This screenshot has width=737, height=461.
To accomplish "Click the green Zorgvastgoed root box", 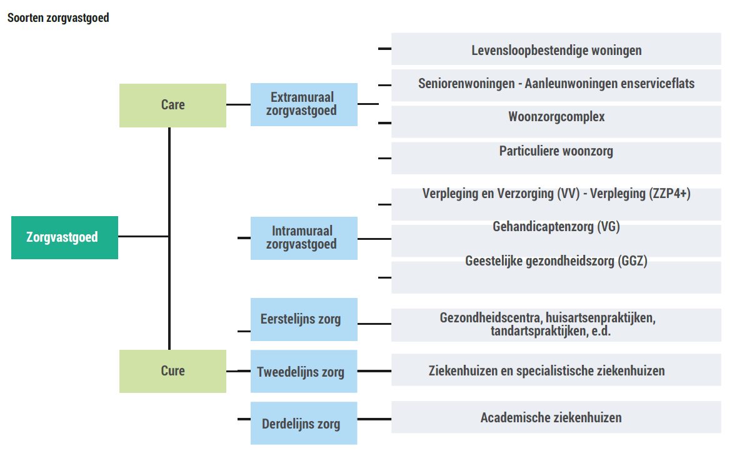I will [64, 237].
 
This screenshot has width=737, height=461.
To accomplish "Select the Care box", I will [173, 105].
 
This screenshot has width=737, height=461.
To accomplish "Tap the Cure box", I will [173, 371].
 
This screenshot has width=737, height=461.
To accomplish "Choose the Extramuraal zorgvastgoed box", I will [304, 104].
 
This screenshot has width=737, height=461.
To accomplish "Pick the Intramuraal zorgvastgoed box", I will [304, 238].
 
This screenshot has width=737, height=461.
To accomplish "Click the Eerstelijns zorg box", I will [304, 319].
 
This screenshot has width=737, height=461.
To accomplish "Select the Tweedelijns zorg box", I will [304, 372].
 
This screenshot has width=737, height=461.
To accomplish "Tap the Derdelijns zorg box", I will [304, 424].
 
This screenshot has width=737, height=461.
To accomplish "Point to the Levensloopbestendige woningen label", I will [556, 51].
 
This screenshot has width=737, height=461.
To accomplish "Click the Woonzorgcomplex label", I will [556, 117].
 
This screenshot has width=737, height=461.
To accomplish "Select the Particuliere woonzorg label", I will [556, 151].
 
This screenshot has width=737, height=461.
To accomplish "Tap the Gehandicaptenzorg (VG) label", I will [556, 227].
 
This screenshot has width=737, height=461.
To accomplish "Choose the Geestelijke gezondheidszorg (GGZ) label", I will [556, 261].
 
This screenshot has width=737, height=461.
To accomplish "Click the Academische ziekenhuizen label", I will [551, 417].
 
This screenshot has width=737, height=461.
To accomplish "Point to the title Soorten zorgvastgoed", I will [58, 18].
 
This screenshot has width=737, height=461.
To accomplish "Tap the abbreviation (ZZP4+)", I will [670, 194].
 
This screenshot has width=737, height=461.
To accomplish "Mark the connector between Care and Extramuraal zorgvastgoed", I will [238, 105].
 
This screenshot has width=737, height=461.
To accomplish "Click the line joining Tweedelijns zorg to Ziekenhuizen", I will [374, 371].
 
